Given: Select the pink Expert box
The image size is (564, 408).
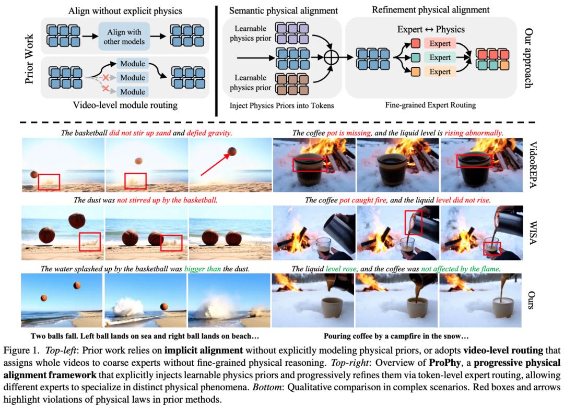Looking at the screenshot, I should [440, 44].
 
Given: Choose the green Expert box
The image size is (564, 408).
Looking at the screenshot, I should [440, 57].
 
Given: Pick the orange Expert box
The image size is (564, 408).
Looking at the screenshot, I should [440, 71].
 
